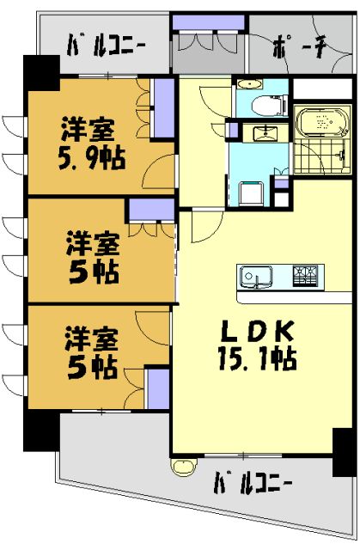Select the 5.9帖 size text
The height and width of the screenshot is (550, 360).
(x=89, y=157)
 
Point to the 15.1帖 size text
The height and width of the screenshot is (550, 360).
(x=259, y=357)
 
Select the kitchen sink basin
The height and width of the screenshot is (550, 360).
(x=257, y=278)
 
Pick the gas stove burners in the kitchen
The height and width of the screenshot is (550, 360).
(x=304, y=277)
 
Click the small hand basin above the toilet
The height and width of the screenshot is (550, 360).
(x=248, y=84)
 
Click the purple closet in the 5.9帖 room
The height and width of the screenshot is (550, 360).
(x=162, y=107)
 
